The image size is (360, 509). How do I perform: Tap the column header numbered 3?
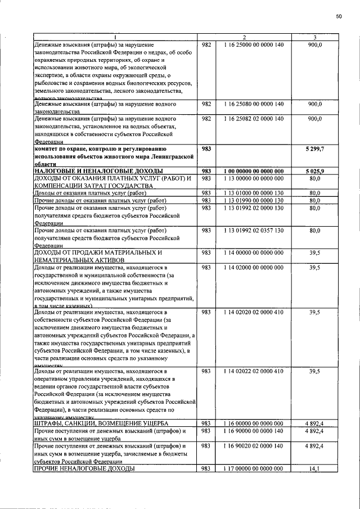coord(314,38)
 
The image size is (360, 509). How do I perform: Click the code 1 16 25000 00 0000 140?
coord(254,44)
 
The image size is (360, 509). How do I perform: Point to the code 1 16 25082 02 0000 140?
coord(254,119)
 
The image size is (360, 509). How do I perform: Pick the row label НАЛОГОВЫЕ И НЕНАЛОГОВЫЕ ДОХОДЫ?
coord(98,171)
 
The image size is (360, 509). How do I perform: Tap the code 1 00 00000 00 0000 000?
coord(254,171)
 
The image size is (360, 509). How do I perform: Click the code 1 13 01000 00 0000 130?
coord(254,193)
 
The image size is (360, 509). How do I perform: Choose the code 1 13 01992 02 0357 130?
coord(254,231)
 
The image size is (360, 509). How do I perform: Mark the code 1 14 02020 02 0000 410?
coord(254,312)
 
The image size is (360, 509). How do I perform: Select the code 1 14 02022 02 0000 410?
coord(254,371)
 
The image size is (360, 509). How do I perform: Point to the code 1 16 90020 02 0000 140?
coord(254,445)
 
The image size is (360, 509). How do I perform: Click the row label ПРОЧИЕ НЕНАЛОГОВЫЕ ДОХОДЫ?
coord(84,468)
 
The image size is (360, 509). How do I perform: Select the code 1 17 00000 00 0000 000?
coord(254,468)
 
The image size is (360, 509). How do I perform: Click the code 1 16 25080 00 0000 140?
coord(254,105)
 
